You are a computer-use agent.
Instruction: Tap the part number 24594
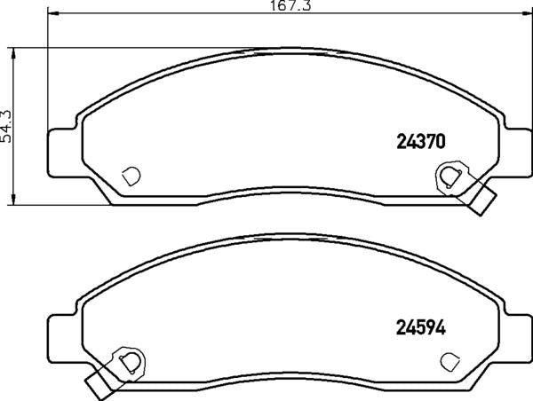(419, 326)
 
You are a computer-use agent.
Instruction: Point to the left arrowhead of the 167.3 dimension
(51, 13)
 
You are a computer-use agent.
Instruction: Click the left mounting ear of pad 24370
(61, 149)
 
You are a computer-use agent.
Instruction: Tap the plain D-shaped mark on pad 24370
(131, 175)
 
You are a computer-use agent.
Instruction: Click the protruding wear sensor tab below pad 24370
(482, 201)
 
